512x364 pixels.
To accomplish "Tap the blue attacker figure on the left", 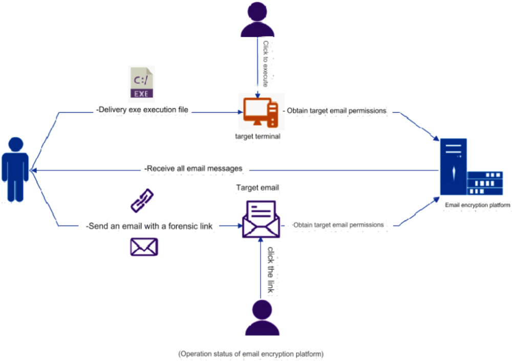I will click(x=16, y=169).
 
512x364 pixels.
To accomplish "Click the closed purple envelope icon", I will click(x=143, y=247).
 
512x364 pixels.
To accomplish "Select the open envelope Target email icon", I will click(x=261, y=219).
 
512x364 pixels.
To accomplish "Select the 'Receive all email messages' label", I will click(x=194, y=169).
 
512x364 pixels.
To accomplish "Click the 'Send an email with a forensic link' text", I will click(x=149, y=226).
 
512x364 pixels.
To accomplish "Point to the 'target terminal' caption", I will click(x=258, y=136).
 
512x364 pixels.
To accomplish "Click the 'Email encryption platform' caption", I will click(x=477, y=206).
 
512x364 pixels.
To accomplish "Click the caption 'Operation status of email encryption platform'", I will click(x=251, y=354).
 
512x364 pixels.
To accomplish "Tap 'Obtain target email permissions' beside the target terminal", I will click(x=335, y=110).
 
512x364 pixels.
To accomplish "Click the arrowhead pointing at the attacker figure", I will click(x=33, y=170).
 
